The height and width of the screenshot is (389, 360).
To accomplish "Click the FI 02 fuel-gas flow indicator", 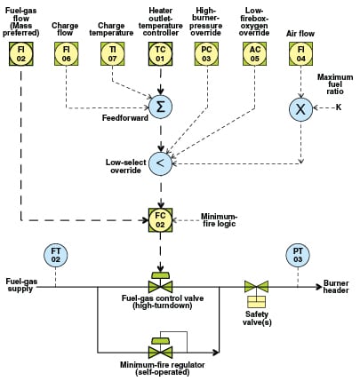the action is (x=21, y=53).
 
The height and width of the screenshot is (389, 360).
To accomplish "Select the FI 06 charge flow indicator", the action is (x=67, y=53).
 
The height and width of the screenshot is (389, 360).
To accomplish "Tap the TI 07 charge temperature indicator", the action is (x=112, y=53).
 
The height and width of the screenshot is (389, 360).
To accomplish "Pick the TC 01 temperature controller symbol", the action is (x=160, y=53).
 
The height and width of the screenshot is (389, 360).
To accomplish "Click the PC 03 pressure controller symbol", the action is (x=206, y=53).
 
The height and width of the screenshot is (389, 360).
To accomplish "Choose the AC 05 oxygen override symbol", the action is (x=254, y=53).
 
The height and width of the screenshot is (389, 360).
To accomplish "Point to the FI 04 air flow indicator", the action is (x=300, y=53).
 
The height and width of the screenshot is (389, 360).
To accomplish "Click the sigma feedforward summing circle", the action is (x=160, y=107).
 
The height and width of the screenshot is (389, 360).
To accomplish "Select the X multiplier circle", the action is (x=300, y=109).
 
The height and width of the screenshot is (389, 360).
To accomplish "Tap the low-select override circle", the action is (x=160, y=163).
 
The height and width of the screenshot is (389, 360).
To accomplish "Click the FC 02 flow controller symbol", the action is (x=160, y=220).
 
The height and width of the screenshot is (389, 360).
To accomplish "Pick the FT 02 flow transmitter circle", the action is (x=56, y=255).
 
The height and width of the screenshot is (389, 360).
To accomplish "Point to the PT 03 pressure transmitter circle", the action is (x=298, y=255).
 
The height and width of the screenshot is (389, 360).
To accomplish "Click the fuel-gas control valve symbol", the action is (x=160, y=282).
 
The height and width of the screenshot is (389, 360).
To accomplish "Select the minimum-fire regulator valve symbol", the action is (x=160, y=348).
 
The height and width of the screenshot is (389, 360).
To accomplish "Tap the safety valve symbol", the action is (x=256, y=294).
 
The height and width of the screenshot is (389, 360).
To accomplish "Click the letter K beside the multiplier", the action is (x=339, y=107).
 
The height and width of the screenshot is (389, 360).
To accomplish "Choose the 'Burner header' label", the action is (x=336, y=287).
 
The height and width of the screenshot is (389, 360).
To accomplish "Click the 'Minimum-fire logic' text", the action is (x=220, y=220).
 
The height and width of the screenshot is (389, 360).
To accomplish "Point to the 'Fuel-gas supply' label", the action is (x=21, y=285).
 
